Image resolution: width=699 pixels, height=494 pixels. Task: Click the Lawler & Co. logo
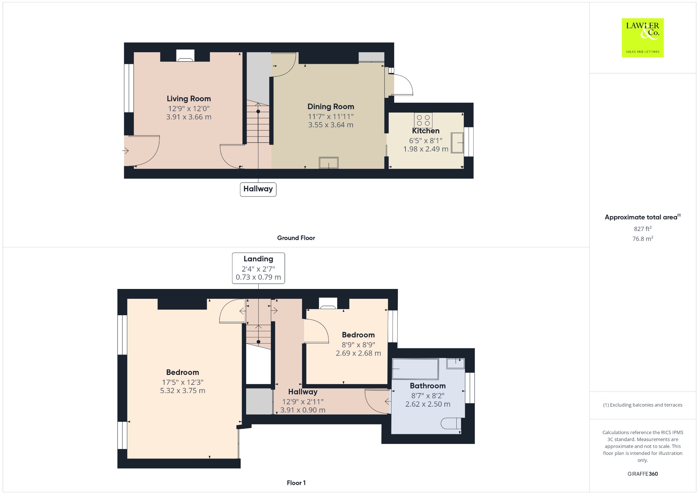[x=643, y=38]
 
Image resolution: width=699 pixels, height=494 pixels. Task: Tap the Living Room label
[x=189, y=99]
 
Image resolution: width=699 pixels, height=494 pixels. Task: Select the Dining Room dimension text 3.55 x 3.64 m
[x=331, y=125]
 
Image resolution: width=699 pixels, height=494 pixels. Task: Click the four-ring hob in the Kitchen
[x=423, y=120]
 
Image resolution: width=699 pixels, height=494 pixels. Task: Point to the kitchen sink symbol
[x=458, y=143]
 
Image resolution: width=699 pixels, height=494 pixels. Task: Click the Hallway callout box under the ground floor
[x=258, y=189]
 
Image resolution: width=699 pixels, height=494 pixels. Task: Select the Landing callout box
[x=258, y=268]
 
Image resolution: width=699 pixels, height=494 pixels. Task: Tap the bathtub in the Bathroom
[x=415, y=369]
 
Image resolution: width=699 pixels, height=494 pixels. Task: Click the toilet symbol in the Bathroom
[x=451, y=424]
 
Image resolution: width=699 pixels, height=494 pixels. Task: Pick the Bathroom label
[x=428, y=386]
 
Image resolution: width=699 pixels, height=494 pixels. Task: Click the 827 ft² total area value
[x=643, y=229]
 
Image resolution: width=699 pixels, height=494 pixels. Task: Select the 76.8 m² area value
[x=643, y=238]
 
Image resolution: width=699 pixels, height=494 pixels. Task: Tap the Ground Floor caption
[x=296, y=238]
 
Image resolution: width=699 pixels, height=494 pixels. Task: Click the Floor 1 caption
[x=296, y=483]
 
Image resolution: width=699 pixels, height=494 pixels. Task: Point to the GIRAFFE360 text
[x=643, y=474]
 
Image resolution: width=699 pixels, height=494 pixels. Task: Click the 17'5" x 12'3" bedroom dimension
[x=183, y=382]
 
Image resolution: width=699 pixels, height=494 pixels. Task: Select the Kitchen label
[x=426, y=131]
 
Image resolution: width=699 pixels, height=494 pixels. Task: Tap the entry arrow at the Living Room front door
[x=125, y=150]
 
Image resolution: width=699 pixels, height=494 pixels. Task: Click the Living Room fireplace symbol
[x=185, y=56]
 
